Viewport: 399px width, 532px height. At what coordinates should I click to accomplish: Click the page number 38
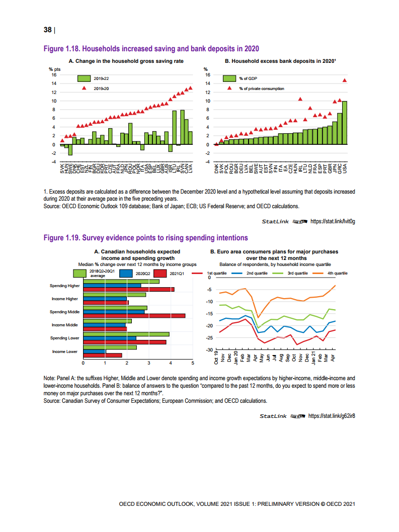tap(47, 30)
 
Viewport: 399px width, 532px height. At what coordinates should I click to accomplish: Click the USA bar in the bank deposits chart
tap(345, 123)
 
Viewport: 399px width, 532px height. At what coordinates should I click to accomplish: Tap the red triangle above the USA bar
tap(345, 80)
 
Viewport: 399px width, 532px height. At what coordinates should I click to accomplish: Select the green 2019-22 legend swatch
tap(84, 78)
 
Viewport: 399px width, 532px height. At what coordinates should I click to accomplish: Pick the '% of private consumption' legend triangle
tap(230, 88)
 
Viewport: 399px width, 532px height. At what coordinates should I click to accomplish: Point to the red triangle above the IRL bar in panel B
tap(300, 99)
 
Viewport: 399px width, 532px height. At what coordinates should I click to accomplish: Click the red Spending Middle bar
tap(134, 316)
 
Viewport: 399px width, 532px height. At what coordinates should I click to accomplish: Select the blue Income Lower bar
tap(94, 351)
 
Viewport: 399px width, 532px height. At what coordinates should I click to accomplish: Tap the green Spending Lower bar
tap(126, 334)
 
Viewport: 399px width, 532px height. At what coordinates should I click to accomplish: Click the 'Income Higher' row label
tap(65, 299)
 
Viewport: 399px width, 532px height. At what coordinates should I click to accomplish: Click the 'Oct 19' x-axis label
tap(216, 359)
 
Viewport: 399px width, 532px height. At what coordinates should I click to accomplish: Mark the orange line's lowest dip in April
tap(258, 317)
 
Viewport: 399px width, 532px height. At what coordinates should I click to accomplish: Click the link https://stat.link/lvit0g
tap(334, 221)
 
